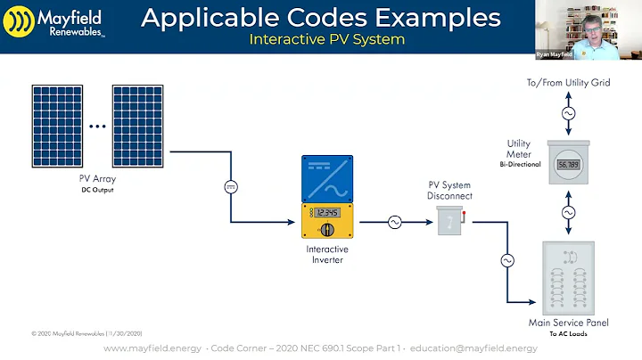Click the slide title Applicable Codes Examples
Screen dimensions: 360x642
(x=320, y=17)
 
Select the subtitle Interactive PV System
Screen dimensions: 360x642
(x=326, y=39)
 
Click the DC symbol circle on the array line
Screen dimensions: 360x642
(x=229, y=186)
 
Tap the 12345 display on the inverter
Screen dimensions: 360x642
(x=330, y=212)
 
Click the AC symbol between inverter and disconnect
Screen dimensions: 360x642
(x=395, y=223)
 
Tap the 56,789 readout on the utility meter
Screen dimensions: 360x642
(x=567, y=165)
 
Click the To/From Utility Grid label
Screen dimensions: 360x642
(x=567, y=82)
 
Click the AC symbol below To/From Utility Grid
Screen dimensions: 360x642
(x=567, y=114)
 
